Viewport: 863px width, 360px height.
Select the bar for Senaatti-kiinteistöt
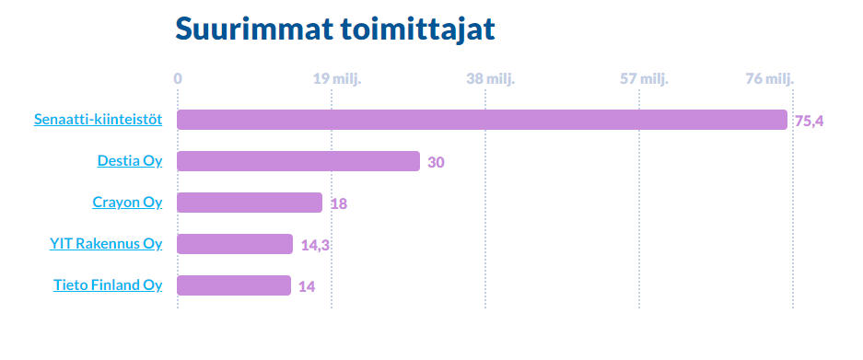tap(482, 120)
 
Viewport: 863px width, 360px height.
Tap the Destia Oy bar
tap(297, 161)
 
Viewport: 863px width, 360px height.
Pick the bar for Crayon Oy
tap(249, 203)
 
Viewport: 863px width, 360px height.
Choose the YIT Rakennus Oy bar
tap(234, 244)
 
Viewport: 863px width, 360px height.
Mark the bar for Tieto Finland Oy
tap(233, 285)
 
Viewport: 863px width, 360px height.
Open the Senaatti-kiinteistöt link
tap(99, 120)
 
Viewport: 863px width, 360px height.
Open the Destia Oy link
tap(130, 161)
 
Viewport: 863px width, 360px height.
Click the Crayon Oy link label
tap(127, 203)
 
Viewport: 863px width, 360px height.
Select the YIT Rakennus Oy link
tap(106, 244)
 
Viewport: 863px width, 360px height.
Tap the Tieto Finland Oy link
tap(108, 285)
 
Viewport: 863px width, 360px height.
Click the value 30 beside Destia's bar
tap(437, 163)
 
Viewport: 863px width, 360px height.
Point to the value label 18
tap(338, 203)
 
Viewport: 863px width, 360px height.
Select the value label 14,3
tap(315, 245)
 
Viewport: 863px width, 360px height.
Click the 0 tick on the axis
tap(178, 78)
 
